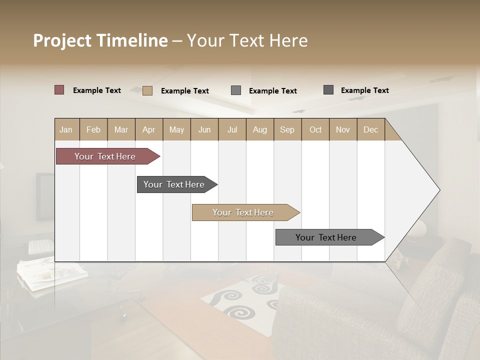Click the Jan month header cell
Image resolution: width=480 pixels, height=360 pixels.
tap(66, 129)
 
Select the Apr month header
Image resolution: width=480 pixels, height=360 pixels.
tap(149, 129)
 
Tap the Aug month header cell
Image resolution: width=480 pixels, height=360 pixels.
tap(259, 129)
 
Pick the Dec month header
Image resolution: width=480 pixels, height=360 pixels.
tap(370, 129)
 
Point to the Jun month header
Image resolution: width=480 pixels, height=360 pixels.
tap(204, 129)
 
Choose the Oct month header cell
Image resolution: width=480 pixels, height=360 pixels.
tap(315, 129)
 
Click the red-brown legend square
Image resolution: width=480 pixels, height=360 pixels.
tap(59, 90)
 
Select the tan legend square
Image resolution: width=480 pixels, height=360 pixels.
tap(147, 90)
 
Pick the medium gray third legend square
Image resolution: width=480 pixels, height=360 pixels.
tap(236, 90)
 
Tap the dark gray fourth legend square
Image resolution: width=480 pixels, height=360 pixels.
tap(328, 90)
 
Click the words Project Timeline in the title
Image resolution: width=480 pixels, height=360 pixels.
tap(100, 40)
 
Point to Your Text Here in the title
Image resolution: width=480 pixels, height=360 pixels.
tap(247, 40)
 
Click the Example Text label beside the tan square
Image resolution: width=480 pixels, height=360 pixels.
tap(185, 91)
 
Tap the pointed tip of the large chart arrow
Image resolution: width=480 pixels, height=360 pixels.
tap(438, 190)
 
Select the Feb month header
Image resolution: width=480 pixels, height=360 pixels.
tap(93, 129)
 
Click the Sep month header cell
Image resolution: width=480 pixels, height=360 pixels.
tap(287, 129)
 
